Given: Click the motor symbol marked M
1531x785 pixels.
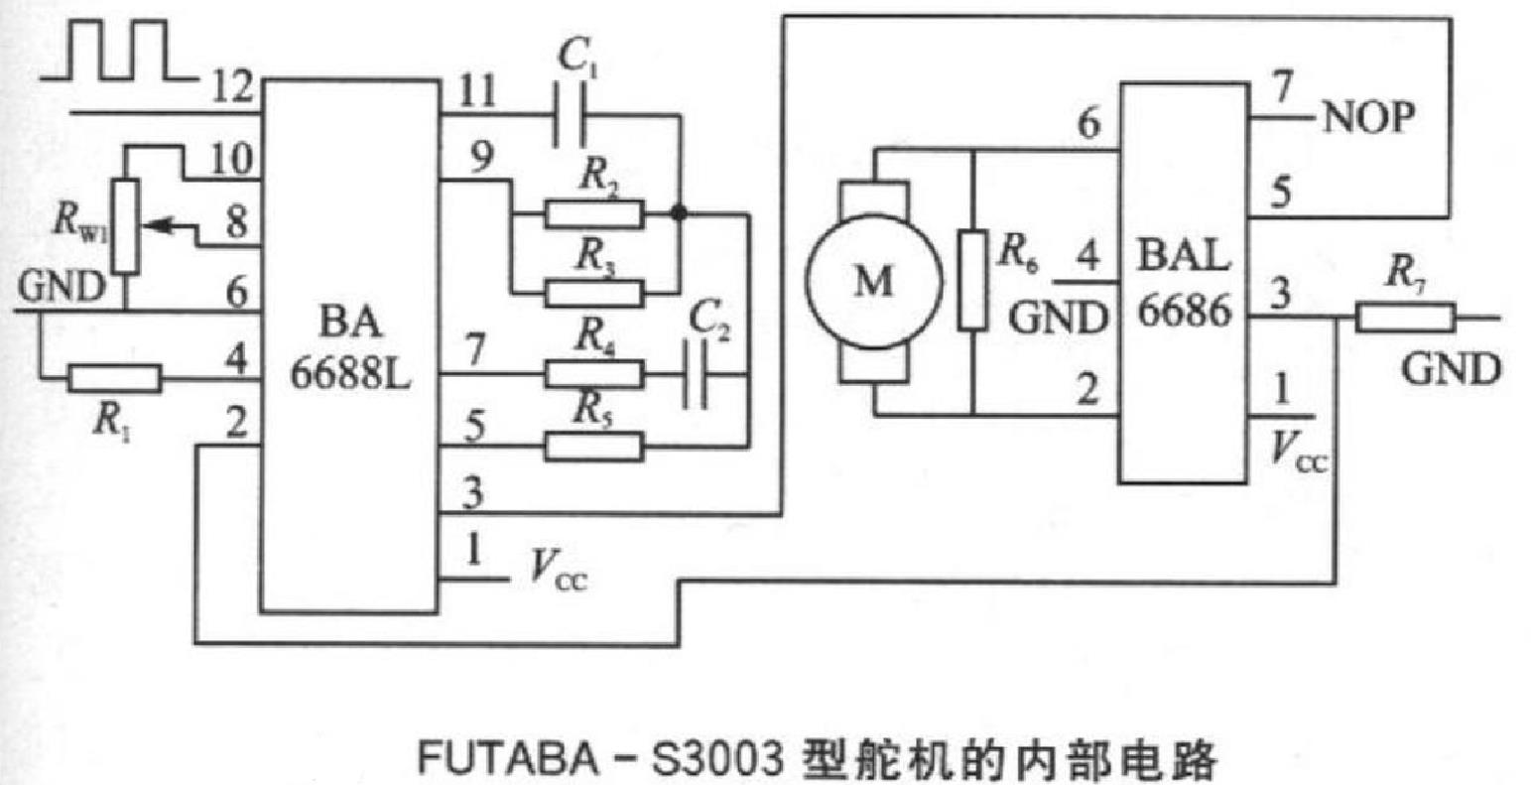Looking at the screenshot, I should pyautogui.click(x=872, y=283).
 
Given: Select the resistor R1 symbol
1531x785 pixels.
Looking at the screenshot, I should pyautogui.click(x=114, y=378).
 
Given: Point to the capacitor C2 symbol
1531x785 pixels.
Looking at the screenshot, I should pyautogui.click(x=697, y=375).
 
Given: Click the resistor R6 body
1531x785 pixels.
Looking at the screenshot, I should pyautogui.click(x=972, y=280).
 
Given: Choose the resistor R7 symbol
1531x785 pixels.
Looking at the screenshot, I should pyautogui.click(x=1406, y=318).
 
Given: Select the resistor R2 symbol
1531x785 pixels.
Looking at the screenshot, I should pyautogui.click(x=593, y=213).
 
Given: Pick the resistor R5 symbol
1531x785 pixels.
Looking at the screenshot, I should pyautogui.click(x=593, y=447).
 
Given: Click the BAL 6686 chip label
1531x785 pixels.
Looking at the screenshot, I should pyautogui.click(x=1183, y=285).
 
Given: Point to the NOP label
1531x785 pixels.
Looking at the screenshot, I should pyautogui.click(x=1366, y=117).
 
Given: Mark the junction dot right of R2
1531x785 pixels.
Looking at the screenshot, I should pyautogui.click(x=680, y=212).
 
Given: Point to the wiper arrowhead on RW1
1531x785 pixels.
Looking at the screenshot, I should pyautogui.click(x=150, y=226).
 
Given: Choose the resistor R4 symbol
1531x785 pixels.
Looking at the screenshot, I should pyautogui.click(x=593, y=374).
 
